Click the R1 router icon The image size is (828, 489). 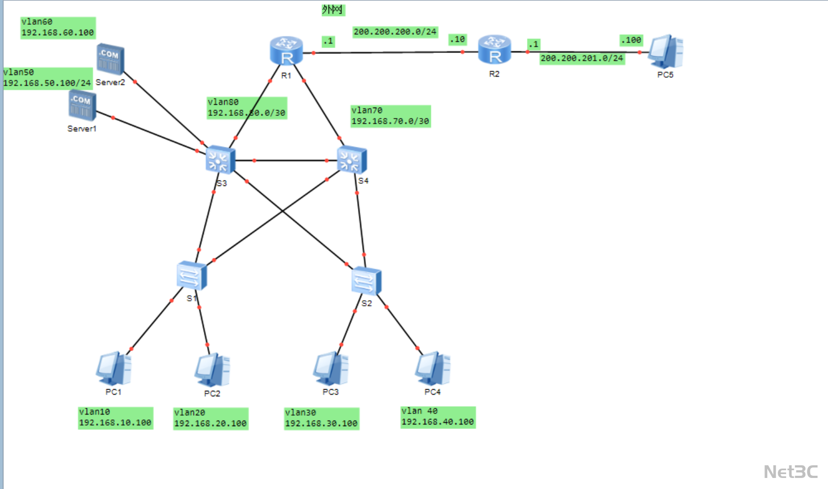click(x=286, y=51)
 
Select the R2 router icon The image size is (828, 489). click(x=494, y=50)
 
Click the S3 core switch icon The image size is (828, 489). click(x=220, y=160)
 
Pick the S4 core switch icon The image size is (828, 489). click(x=352, y=160)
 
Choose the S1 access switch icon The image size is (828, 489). click(x=192, y=275)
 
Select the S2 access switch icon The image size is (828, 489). click(x=366, y=281)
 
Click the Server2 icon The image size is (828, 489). click(x=110, y=60)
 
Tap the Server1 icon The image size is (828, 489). click(x=82, y=105)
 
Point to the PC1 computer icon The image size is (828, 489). click(x=114, y=368)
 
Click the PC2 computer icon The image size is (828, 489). click(x=212, y=370)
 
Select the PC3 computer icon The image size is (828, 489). click(x=330, y=368)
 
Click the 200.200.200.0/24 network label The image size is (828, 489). click(x=395, y=32)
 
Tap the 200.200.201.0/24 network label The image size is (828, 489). click(x=582, y=59)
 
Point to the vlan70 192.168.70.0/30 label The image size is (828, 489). click(x=390, y=116)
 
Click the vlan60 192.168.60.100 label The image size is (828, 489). click(x=57, y=28)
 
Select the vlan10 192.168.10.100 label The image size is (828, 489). click(x=115, y=418)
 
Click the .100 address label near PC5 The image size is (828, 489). click(x=631, y=40)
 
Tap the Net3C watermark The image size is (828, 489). click(x=790, y=472)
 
